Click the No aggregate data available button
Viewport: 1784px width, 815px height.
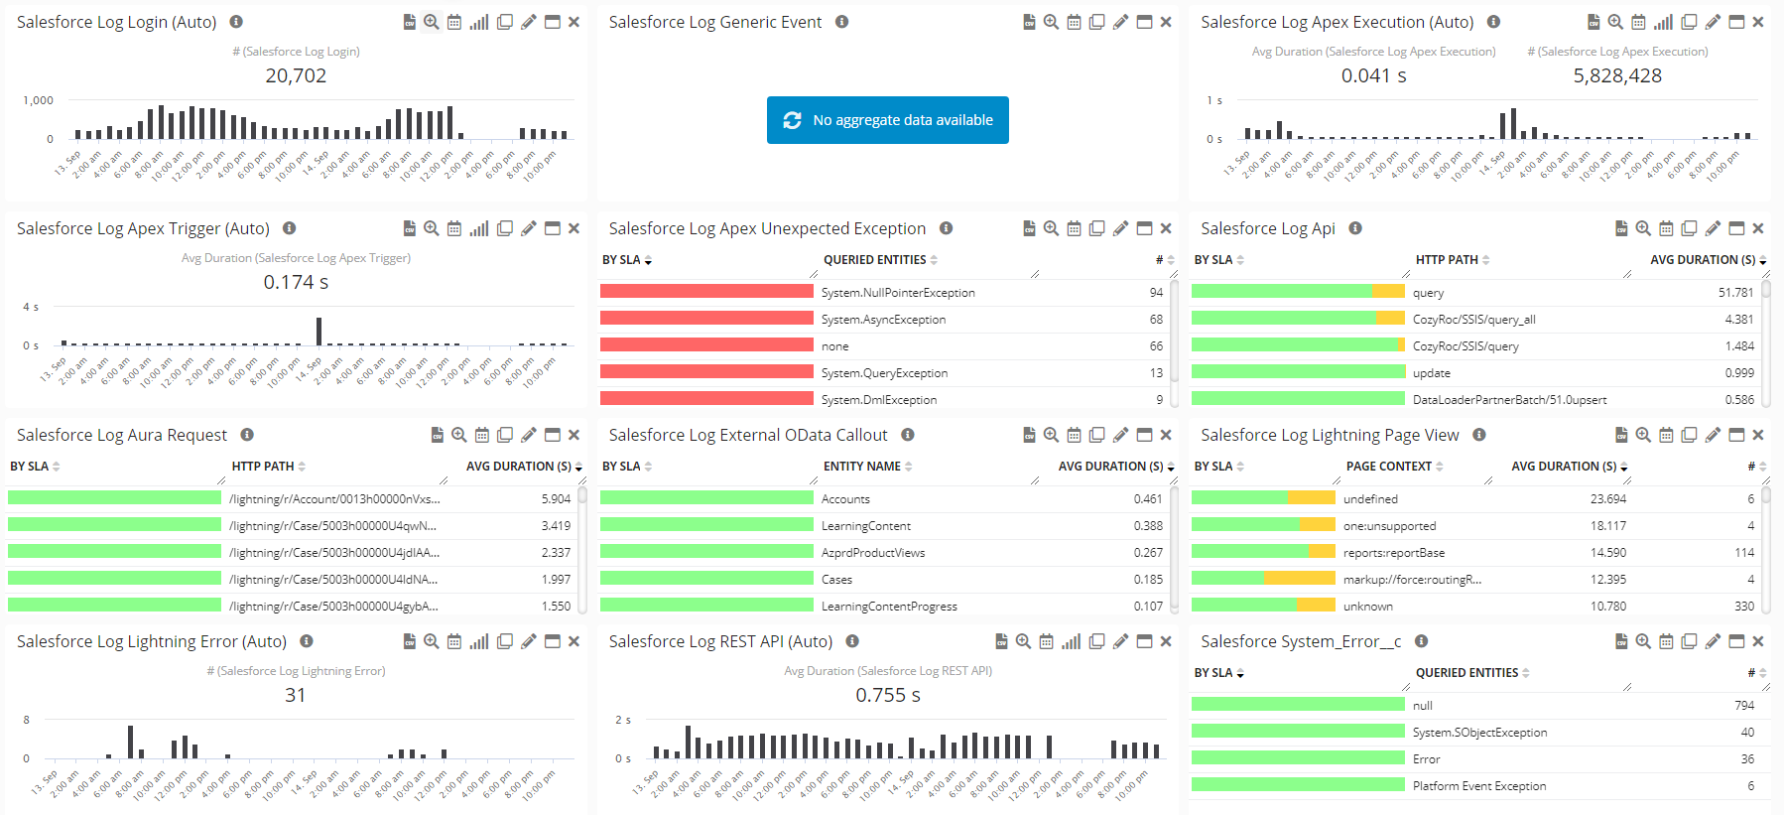pyautogui.click(x=887, y=120)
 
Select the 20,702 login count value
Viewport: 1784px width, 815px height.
pyautogui.click(x=296, y=75)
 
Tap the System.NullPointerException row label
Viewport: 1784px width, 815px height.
pyautogui.click(x=897, y=293)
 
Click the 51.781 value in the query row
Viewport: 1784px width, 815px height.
pyautogui.click(x=1735, y=293)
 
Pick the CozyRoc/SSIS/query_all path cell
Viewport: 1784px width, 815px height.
pyautogui.click(x=1473, y=320)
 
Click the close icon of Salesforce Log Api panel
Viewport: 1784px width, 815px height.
pyautogui.click(x=1758, y=228)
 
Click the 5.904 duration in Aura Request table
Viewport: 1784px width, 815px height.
pyautogui.click(x=556, y=499)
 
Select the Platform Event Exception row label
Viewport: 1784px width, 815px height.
pyautogui.click(x=1478, y=786)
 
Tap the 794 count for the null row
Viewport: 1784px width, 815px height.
pyautogui.click(x=1744, y=706)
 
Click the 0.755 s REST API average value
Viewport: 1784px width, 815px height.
pyautogui.click(x=888, y=695)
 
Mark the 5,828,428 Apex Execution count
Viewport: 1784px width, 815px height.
pyautogui.click(x=1617, y=75)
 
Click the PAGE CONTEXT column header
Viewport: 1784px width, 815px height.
pyautogui.click(x=1388, y=467)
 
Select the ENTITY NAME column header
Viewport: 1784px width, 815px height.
pyautogui.click(x=861, y=467)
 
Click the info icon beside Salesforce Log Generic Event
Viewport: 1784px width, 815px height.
pyautogui.click(x=841, y=22)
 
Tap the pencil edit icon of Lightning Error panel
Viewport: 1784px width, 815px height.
pyautogui.click(x=529, y=641)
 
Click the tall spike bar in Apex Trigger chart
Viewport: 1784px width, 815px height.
pyautogui.click(x=319, y=331)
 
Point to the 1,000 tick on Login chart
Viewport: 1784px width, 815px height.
pyautogui.click(x=39, y=100)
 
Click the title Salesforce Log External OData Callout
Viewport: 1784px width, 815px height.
pyautogui.click(x=747, y=435)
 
